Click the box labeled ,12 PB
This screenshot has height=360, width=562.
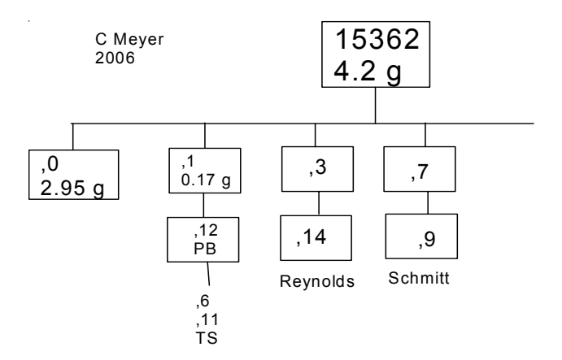pos(204,239)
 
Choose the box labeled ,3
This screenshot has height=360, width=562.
pos(318,168)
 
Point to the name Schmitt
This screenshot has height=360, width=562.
pos(417,276)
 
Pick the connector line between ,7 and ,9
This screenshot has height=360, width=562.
pos(419,203)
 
